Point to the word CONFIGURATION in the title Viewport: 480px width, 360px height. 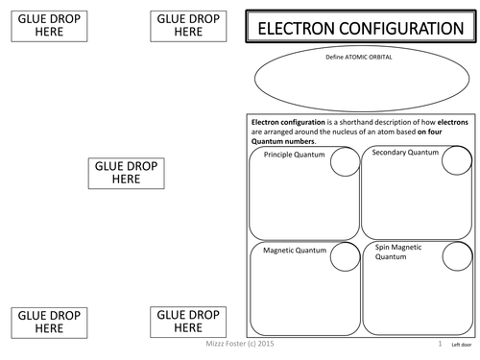point(406,29)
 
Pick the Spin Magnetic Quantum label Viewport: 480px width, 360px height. point(402,252)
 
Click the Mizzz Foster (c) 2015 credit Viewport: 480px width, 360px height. point(231,341)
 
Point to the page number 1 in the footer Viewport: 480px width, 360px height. point(441,343)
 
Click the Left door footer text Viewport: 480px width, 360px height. point(461,344)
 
